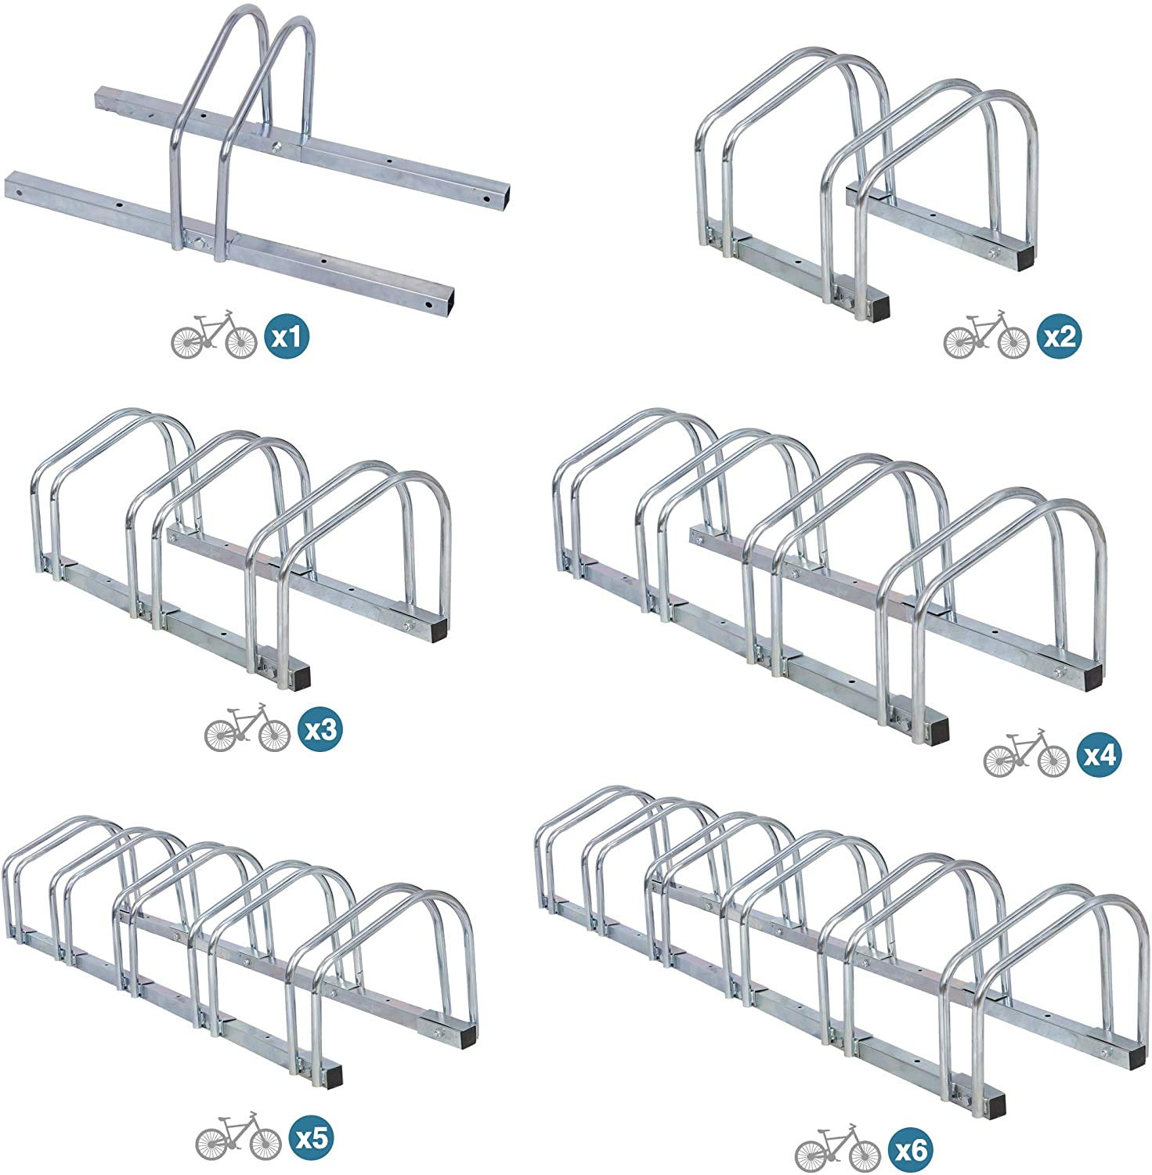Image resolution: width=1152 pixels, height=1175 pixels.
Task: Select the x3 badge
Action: point(320,730)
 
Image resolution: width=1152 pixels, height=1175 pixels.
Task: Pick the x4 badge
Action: point(1099,755)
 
